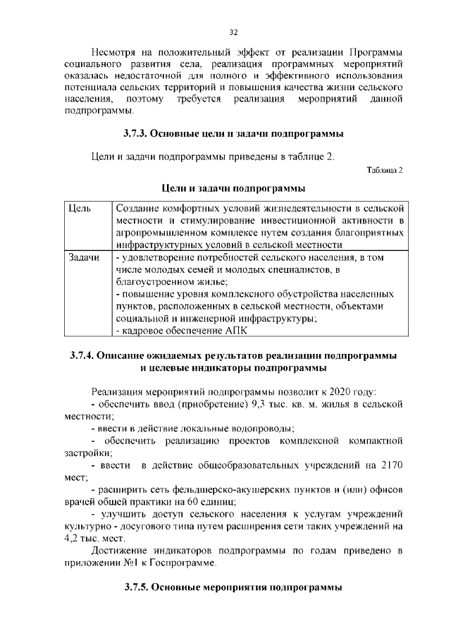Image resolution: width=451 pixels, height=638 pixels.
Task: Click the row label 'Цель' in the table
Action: [80, 210]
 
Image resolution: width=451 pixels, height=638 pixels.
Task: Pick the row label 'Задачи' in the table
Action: [83, 258]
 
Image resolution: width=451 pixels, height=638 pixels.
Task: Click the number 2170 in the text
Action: [389, 465]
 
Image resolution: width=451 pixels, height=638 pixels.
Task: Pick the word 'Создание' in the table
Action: [137, 210]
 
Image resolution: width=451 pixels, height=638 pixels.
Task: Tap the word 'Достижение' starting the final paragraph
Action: [121, 551]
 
